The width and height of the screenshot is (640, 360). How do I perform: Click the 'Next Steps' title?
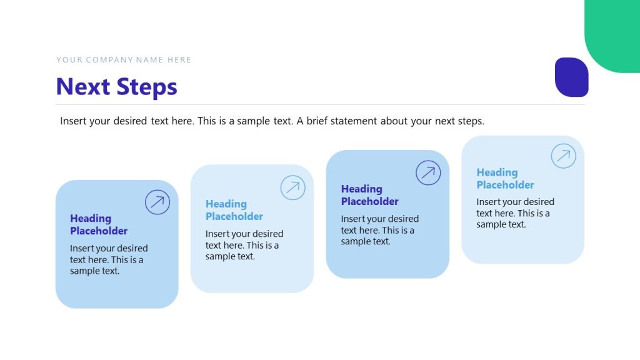[117, 87]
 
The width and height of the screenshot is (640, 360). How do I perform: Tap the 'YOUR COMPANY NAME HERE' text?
[124, 60]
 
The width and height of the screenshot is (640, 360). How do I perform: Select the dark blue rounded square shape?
[571, 77]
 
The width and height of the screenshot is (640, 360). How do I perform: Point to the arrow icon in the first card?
[157, 202]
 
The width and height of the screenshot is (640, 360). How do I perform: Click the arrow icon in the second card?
[292, 187]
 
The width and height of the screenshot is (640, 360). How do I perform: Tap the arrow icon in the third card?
[428, 172]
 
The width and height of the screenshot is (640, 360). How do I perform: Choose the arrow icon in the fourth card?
[563, 156]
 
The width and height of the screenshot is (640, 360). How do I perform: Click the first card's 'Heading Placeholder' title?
[99, 224]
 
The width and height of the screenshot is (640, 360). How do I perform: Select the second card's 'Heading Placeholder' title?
[234, 210]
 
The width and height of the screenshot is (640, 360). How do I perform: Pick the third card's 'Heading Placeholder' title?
[369, 195]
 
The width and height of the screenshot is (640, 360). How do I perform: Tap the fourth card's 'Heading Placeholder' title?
[505, 179]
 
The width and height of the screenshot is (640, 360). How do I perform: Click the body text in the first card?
[108, 259]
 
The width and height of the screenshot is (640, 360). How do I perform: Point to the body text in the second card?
[244, 245]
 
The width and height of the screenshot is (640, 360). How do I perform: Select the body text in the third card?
[379, 230]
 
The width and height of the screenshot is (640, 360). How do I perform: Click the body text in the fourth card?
[514, 213]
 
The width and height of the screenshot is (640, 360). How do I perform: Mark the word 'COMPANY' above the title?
[109, 60]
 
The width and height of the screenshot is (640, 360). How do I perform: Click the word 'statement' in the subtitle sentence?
[356, 121]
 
